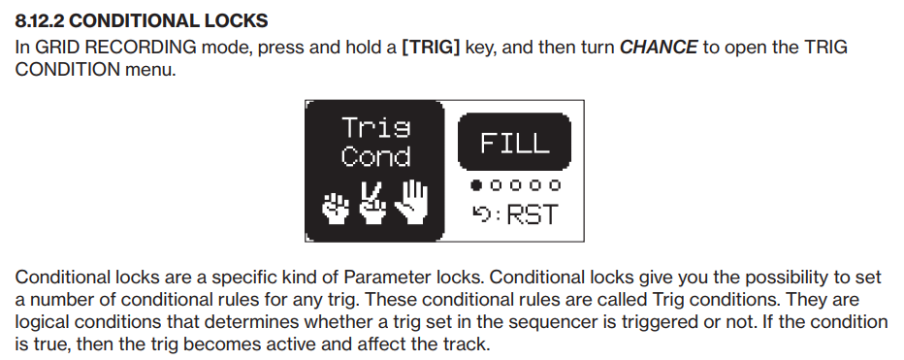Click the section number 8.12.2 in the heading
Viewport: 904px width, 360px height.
coord(39,20)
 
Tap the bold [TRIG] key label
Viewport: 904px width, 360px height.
coord(431,47)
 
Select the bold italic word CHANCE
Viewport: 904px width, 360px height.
coord(659,47)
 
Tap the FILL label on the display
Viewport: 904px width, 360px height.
coord(514,143)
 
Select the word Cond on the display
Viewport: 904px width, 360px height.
coord(376,156)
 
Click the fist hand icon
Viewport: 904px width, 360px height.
coord(337,208)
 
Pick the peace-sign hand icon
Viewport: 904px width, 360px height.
coord(372,203)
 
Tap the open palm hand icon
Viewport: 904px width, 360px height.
coord(411,201)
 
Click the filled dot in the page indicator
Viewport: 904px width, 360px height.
coord(476,185)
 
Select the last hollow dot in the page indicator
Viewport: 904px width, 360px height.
coord(555,185)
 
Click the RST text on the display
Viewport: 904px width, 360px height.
coord(533,214)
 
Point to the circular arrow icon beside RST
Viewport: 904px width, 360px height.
coord(481,214)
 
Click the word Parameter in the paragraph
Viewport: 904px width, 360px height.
coord(383,278)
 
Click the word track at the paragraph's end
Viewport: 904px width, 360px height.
coord(467,344)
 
